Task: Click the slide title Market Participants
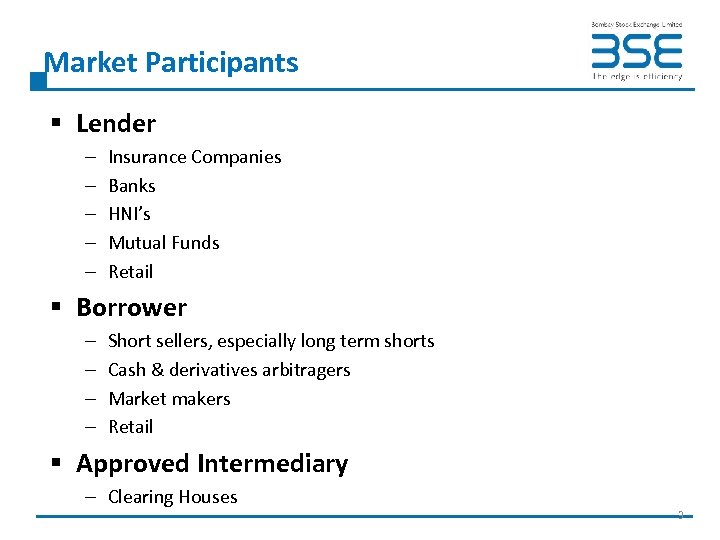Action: (x=172, y=63)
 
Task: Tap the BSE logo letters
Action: (x=636, y=51)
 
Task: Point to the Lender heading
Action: (x=116, y=124)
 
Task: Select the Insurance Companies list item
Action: (x=195, y=157)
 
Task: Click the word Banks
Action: (x=132, y=186)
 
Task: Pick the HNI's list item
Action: (x=130, y=214)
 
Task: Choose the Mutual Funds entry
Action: (x=164, y=243)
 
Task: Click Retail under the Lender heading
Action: (x=131, y=272)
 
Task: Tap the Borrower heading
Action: (x=131, y=308)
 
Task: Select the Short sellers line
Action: (x=271, y=341)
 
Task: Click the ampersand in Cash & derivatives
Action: (x=156, y=370)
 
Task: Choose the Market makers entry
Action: (x=169, y=399)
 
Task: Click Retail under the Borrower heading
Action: (x=131, y=427)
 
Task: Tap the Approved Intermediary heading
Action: (x=212, y=464)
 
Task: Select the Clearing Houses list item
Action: (x=173, y=497)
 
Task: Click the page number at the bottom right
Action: (x=680, y=515)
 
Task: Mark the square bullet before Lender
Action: (x=58, y=124)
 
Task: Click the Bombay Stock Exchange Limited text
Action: (x=636, y=24)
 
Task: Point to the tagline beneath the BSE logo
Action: (x=637, y=76)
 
